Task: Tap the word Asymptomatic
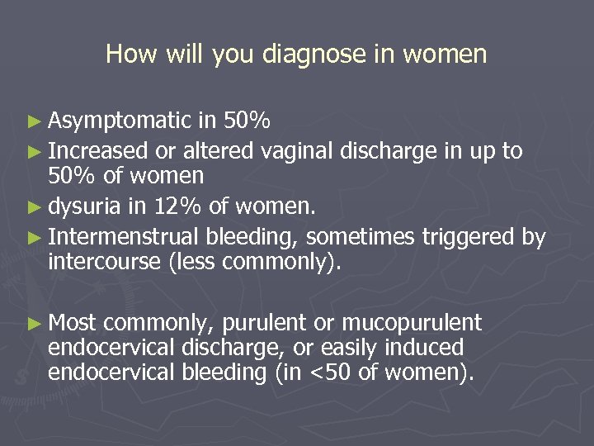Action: pos(120,122)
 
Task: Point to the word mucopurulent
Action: pos(412,322)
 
